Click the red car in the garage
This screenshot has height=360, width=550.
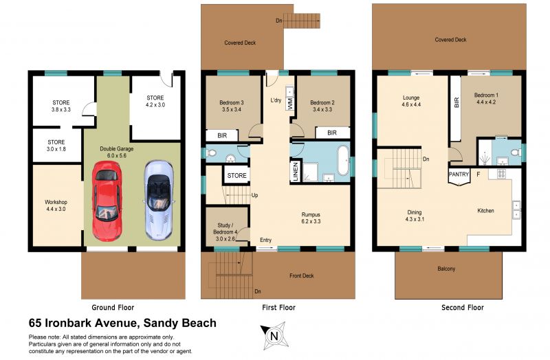coord(107,201)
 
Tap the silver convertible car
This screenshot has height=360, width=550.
coord(159,200)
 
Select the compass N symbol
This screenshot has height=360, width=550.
coord(274,336)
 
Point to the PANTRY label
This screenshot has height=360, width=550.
coord(459,175)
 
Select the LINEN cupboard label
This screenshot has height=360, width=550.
coord(295,172)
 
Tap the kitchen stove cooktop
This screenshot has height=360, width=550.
coord(501,174)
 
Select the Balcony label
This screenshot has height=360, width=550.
coord(446,269)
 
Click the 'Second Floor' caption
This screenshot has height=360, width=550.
coord(462,307)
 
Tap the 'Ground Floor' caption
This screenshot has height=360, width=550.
coord(113,307)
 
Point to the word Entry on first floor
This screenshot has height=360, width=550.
coord(265,240)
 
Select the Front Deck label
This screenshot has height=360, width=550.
coord(302,276)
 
